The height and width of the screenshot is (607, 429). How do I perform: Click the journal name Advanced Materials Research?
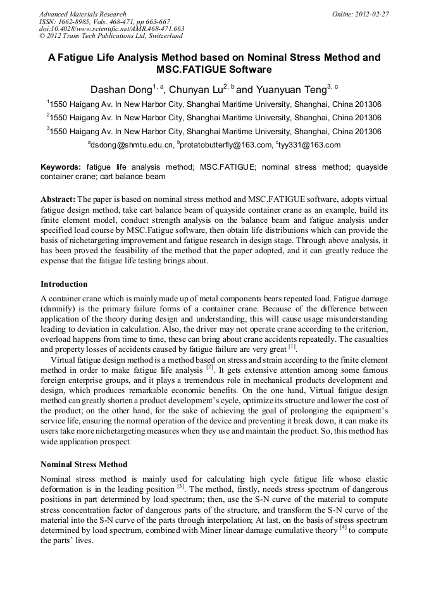pos(82,14)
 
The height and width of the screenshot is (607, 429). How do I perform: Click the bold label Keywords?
pos(61,166)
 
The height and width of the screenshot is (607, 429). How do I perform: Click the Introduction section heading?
pos(64,284)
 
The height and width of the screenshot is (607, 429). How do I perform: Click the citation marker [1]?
pos(292,346)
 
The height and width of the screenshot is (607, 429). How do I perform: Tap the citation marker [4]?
pos(343,529)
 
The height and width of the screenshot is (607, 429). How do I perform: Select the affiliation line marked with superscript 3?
pos(214,131)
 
